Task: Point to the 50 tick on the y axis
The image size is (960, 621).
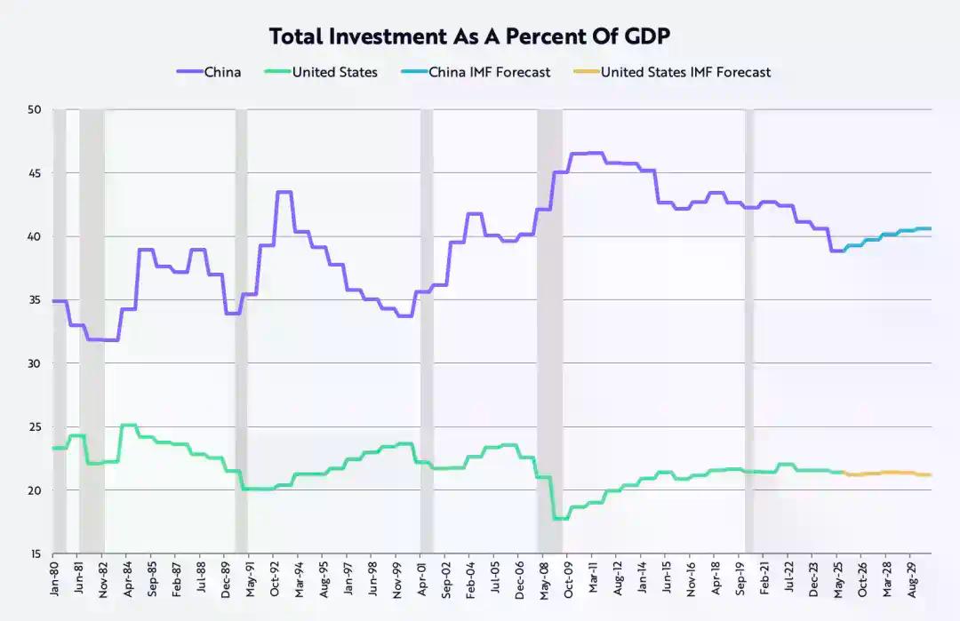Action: click(36, 109)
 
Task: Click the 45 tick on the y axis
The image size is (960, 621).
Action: click(36, 173)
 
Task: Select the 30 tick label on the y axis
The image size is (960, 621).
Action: click(36, 363)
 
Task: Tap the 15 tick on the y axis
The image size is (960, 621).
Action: click(36, 553)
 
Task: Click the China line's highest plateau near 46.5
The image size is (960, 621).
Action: click(587, 154)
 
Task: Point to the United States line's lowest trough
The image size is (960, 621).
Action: click(560, 518)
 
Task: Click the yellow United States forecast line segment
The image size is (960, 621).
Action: click(889, 473)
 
